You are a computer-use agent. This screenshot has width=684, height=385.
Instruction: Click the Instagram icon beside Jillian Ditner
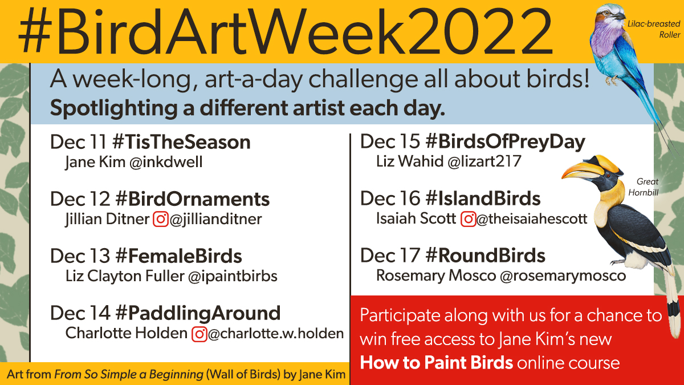point(161,219)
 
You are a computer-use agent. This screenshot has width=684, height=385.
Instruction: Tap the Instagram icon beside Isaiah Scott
point(468,218)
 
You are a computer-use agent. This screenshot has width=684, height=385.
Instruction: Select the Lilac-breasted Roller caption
point(661,30)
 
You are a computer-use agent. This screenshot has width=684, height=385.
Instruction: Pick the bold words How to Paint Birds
point(437,363)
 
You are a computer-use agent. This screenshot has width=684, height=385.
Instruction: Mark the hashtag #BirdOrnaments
point(193,199)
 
